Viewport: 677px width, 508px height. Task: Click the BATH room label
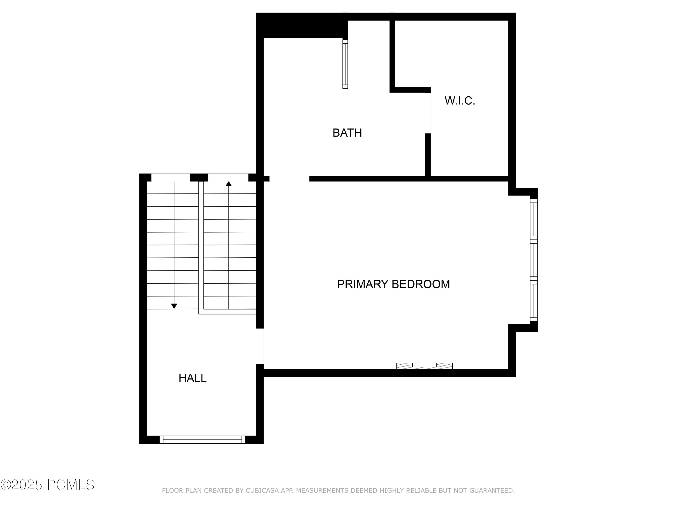(x=347, y=133)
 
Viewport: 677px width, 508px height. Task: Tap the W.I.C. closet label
(x=460, y=101)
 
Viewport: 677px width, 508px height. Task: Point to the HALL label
(x=192, y=378)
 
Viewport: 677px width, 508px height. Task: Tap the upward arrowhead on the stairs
(x=229, y=184)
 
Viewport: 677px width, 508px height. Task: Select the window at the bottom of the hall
(x=202, y=440)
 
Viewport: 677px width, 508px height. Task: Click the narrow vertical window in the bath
(x=345, y=64)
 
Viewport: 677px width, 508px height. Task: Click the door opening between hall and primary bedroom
(x=260, y=346)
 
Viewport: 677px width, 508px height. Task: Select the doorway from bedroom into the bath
(x=289, y=179)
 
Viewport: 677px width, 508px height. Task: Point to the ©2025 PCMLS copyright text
(x=47, y=485)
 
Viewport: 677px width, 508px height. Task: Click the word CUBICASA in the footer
(x=262, y=491)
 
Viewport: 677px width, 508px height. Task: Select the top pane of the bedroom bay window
(x=533, y=219)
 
